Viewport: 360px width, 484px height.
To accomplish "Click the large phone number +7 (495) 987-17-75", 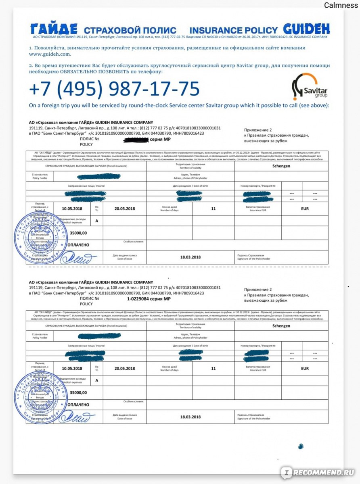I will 114,89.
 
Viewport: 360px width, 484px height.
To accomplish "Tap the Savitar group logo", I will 309,86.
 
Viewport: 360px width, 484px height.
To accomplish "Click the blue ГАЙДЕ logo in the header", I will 54,29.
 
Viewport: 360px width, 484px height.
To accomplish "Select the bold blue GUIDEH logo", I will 306,29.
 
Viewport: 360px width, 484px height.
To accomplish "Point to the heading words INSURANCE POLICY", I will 234,30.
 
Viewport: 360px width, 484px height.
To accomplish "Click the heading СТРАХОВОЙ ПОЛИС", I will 130,30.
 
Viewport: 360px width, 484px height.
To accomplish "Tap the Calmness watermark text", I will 341,5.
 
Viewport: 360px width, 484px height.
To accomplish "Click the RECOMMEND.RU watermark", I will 319,472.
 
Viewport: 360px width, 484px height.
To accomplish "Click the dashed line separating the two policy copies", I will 178,267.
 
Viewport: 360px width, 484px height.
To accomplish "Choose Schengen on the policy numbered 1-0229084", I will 281,325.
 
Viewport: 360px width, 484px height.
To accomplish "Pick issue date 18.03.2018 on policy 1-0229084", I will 190,417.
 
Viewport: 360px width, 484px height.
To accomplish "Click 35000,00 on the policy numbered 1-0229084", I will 78,392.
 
